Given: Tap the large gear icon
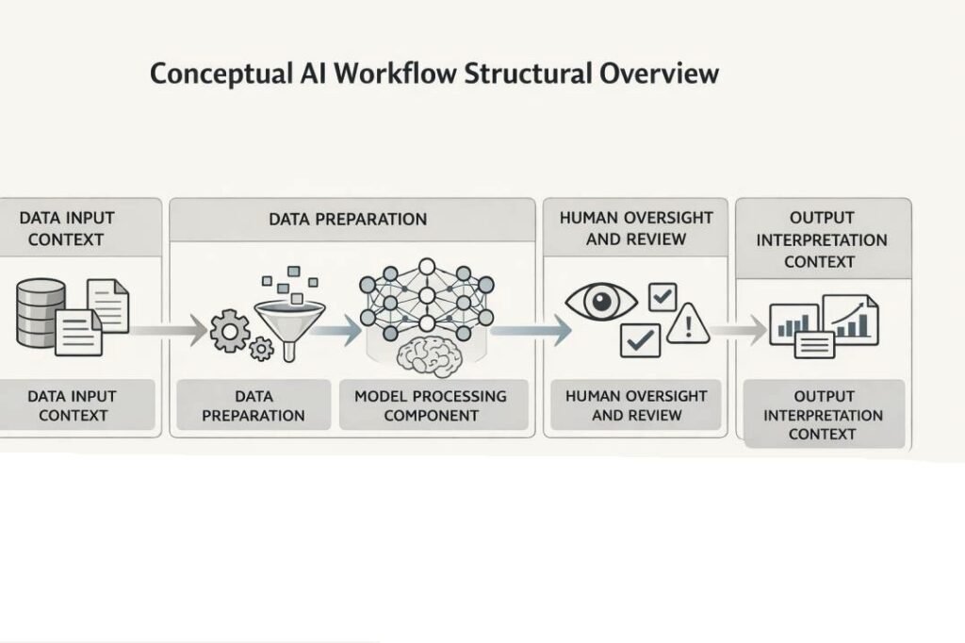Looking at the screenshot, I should click(x=230, y=330).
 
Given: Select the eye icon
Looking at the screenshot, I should click(x=599, y=303).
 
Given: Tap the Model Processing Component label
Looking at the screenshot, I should click(x=430, y=405).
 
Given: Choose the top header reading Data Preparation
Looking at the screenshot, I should click(x=348, y=219).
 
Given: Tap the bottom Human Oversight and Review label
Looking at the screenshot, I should click(x=636, y=405).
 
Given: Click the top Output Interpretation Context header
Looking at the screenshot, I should click(x=821, y=239).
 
